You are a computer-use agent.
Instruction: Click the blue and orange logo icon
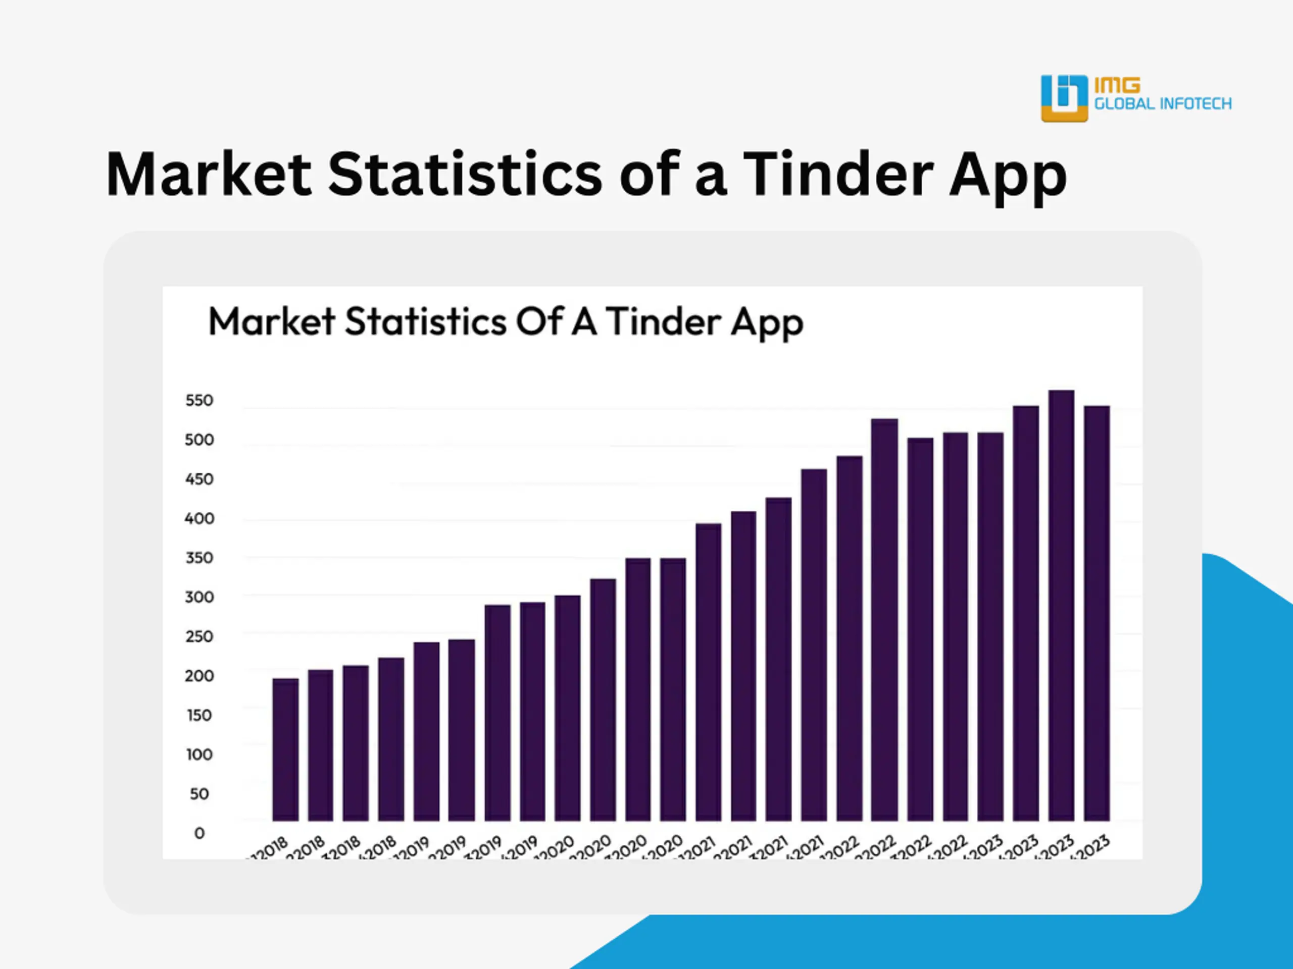[1064, 98]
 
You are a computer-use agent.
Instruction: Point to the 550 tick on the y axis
[200, 401]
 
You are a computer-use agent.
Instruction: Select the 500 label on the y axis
[200, 440]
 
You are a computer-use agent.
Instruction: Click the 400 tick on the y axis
[200, 519]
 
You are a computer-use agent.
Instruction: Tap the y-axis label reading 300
[200, 598]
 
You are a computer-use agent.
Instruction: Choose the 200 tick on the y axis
[200, 676]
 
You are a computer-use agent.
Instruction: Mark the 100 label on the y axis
[200, 755]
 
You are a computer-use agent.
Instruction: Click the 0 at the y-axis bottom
[200, 834]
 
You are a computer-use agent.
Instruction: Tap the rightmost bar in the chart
[1097, 613]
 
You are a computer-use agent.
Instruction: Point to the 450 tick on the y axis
[200, 479]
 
